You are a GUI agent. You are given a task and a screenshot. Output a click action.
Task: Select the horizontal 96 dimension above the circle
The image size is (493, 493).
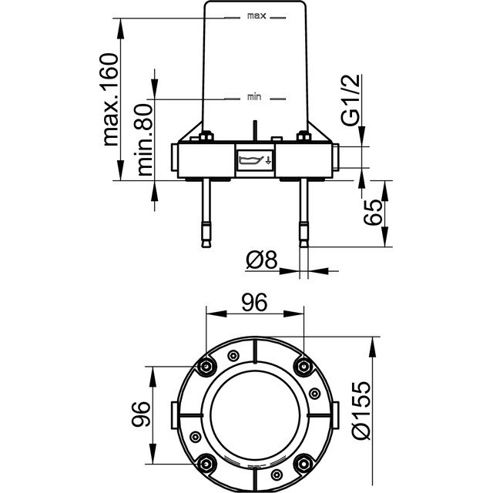coord(254,303)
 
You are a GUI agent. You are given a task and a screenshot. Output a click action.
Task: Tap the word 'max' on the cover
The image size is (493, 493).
coord(256,15)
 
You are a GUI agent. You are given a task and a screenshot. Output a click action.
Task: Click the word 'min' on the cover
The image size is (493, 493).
coord(255,97)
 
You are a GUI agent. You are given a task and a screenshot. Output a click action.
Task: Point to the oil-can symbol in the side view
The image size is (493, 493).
coord(255,160)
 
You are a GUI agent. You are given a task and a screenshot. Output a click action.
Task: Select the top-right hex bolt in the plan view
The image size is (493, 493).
coord(304,365)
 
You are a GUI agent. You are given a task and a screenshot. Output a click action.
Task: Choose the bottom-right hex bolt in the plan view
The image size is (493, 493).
coord(304,462)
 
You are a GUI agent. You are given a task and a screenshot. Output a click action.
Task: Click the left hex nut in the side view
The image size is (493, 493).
coord(206,138)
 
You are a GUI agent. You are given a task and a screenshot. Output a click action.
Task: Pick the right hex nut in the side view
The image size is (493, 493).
coord(304,138)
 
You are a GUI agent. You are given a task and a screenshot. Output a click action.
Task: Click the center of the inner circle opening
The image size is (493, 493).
coord(255,414)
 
